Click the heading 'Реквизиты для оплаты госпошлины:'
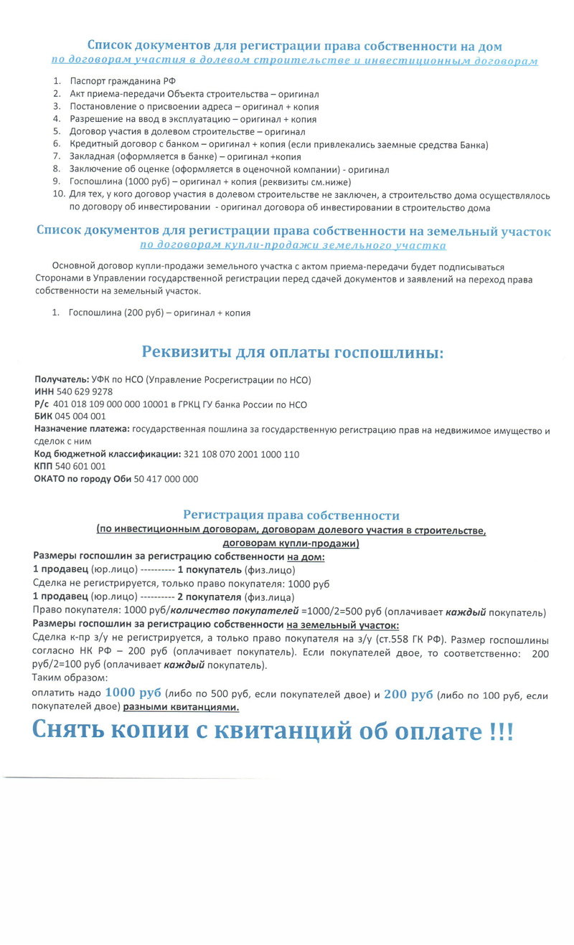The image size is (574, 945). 292,352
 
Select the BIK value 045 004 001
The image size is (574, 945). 80,417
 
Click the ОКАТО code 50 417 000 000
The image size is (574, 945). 166,479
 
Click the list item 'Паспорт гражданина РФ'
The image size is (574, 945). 123,81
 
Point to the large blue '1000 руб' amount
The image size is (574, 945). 133,693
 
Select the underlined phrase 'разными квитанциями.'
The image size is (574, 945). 181,707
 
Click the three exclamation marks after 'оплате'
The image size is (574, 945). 501,731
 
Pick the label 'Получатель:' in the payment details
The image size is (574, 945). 62,379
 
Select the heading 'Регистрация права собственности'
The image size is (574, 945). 291,516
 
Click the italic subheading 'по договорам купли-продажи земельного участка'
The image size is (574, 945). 292,245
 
